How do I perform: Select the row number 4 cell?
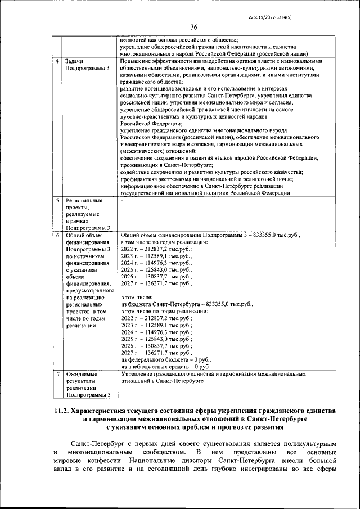(x=57, y=61)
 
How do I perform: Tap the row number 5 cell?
(x=57, y=200)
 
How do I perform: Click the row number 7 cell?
(x=57, y=373)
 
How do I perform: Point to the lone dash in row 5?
(x=122, y=200)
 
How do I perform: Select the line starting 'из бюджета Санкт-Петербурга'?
(x=187, y=304)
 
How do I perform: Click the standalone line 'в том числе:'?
(x=137, y=297)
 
